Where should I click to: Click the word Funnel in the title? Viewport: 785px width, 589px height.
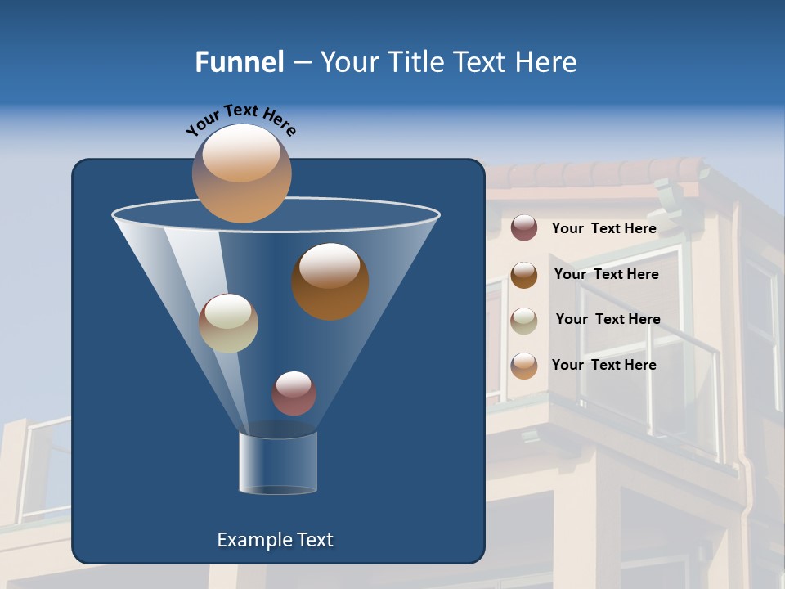239,62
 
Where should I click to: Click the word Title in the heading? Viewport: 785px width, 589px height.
413,62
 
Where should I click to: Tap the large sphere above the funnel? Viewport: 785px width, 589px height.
241,173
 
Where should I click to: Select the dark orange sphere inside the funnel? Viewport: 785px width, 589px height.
330,281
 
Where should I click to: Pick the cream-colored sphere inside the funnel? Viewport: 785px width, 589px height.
228,323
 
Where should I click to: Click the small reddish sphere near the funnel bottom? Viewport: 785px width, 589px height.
294,393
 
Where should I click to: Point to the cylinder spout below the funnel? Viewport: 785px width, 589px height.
278,463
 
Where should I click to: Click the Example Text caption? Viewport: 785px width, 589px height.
275,540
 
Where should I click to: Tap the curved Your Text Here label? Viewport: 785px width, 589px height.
240,119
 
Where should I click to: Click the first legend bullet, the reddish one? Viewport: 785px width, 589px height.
524,228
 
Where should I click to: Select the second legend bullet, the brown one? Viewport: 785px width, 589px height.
524,275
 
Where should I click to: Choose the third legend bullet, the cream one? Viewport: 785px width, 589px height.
524,320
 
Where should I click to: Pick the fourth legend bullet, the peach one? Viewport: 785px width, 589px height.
524,366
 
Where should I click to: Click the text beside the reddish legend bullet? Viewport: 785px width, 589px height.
603,228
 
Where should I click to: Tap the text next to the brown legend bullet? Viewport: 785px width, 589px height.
606,274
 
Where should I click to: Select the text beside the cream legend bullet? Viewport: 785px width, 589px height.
608,319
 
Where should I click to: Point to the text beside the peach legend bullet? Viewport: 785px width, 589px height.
603,365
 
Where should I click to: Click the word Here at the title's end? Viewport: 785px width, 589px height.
547,62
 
